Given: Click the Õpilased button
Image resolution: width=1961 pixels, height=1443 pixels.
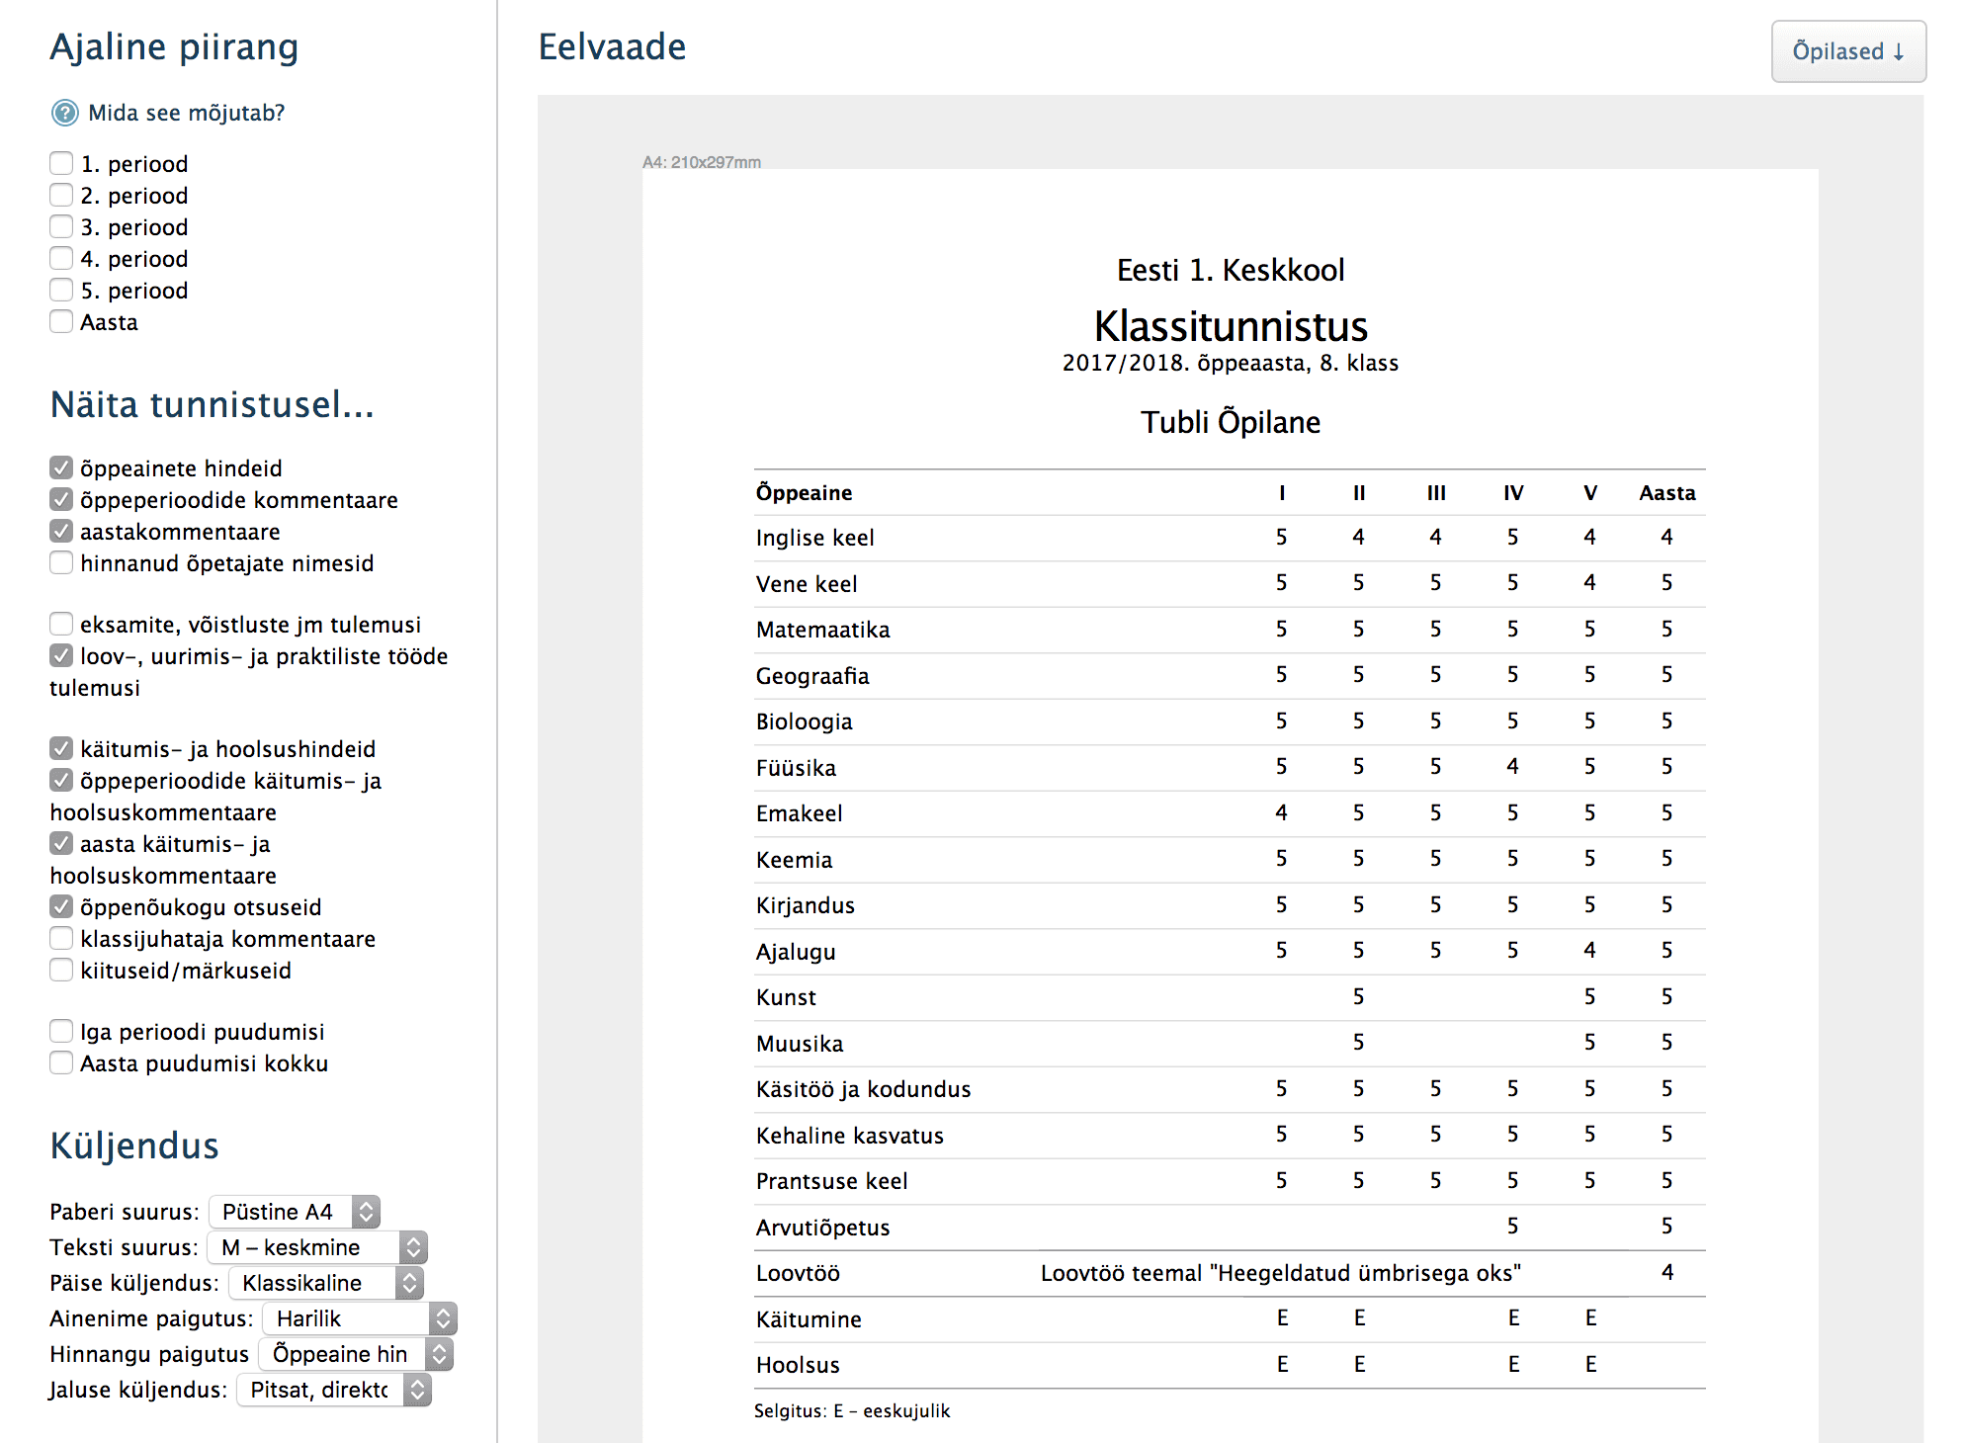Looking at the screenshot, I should pyautogui.click(x=1847, y=51).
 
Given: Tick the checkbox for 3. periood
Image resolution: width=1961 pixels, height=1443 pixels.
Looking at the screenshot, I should pyautogui.click(x=61, y=227).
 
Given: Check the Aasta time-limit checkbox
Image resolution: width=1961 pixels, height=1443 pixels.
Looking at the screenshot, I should pyautogui.click(x=61, y=322).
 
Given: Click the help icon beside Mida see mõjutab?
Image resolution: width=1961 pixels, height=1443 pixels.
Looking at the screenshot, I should pyautogui.click(x=65, y=113).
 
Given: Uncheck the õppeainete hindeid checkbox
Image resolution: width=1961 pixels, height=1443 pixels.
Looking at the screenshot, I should pyautogui.click(x=61, y=468).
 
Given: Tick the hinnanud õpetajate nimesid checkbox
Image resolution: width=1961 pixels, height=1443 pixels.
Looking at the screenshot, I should pyautogui.click(x=61, y=563).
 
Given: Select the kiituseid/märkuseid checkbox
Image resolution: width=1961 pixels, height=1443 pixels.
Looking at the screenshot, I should pyautogui.click(x=61, y=971).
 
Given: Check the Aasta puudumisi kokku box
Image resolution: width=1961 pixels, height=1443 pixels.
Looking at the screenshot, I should pyautogui.click(x=61, y=1063).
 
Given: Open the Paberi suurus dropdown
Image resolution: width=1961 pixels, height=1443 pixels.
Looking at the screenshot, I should pyautogui.click(x=295, y=1212).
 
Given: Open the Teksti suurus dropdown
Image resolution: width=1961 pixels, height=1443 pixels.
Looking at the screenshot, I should pyautogui.click(x=316, y=1247).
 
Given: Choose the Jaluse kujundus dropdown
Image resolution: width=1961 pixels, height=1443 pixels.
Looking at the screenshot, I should pyautogui.click(x=334, y=1390).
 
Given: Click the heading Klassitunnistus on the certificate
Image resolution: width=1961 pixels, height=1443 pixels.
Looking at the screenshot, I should pyautogui.click(x=1231, y=326).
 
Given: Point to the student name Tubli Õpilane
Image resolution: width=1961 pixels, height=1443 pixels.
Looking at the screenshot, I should pyautogui.click(x=1231, y=422).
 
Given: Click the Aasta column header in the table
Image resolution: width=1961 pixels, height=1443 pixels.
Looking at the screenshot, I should pyautogui.click(x=1666, y=492).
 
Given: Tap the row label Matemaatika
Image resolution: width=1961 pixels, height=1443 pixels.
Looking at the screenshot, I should pyautogui.click(x=822, y=630).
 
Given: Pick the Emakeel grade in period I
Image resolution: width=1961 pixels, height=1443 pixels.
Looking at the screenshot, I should pyautogui.click(x=1281, y=812).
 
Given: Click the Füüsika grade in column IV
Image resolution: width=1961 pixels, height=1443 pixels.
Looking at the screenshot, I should pyautogui.click(x=1512, y=767).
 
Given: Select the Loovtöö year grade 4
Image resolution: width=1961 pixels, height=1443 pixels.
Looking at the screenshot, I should pyautogui.click(x=1666, y=1272).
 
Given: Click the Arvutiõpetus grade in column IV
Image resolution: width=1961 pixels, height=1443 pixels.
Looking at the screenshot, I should pyautogui.click(x=1512, y=1227).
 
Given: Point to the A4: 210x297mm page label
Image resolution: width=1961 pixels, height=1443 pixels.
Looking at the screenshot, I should pyautogui.click(x=702, y=162).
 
